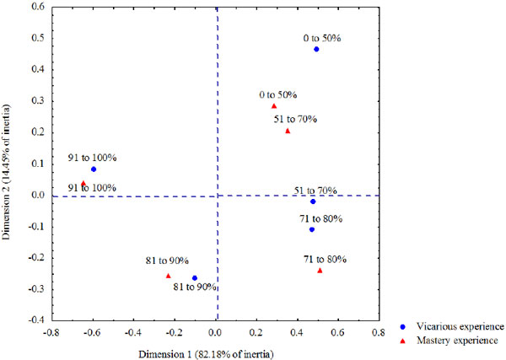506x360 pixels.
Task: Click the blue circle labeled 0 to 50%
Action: tap(316, 49)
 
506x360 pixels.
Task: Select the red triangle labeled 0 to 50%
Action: tap(274, 106)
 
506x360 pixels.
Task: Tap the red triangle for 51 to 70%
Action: tap(288, 131)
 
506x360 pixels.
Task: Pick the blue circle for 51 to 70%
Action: tap(313, 201)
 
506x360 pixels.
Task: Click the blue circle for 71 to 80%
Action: tap(312, 229)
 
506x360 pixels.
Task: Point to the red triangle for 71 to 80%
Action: tap(320, 271)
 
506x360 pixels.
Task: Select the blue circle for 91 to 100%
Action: tap(94, 169)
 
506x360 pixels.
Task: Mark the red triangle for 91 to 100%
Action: tap(83, 182)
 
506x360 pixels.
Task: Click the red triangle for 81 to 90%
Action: tap(169, 276)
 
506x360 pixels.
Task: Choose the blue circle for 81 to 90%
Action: tap(195, 277)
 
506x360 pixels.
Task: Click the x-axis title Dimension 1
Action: tap(218, 352)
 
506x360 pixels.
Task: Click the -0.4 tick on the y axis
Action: tap(36, 320)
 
